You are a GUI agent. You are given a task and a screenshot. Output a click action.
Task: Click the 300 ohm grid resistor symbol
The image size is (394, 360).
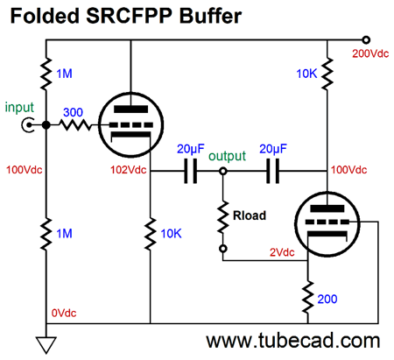tap(75, 125)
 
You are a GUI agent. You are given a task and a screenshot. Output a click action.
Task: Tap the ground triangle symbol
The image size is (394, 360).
tap(46, 345)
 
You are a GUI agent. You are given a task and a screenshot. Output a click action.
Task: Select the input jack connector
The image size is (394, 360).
tap(28, 125)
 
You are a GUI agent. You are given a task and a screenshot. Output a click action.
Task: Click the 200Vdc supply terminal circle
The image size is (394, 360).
tap(366, 39)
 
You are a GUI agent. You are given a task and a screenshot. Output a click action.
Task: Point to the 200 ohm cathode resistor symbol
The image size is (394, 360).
tap(307, 298)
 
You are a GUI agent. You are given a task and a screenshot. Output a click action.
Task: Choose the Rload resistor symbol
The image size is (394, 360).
tap(223, 217)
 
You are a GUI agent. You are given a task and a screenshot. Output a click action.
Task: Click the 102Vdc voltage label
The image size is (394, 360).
tap(128, 170)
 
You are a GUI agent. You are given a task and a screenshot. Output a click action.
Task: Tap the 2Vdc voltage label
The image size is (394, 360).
tap(282, 252)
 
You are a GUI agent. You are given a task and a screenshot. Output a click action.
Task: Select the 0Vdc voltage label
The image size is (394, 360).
tap(64, 313)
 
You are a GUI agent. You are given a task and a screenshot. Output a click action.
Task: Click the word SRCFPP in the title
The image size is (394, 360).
tap(130, 16)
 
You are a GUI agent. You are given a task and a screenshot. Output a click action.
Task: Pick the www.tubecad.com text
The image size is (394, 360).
tap(293, 341)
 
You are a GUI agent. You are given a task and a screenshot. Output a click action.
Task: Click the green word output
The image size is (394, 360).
tap(227, 156)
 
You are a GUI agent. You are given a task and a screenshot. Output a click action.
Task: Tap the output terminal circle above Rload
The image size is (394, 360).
tap(223, 171)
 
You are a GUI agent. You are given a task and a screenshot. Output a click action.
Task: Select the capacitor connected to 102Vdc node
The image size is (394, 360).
tap(191, 171)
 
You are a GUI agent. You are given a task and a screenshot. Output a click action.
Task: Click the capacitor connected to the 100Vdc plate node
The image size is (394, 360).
tap(273, 171)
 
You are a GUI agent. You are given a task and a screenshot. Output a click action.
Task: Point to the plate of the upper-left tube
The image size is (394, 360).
tap(130, 109)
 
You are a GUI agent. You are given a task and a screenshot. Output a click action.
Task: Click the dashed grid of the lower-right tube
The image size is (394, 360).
tap(327, 222)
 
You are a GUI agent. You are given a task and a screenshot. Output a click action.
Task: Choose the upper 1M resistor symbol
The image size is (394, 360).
tap(46, 74)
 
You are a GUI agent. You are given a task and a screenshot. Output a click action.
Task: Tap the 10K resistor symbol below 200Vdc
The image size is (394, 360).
tap(327, 74)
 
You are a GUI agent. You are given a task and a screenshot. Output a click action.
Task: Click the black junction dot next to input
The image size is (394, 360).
tap(46, 125)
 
